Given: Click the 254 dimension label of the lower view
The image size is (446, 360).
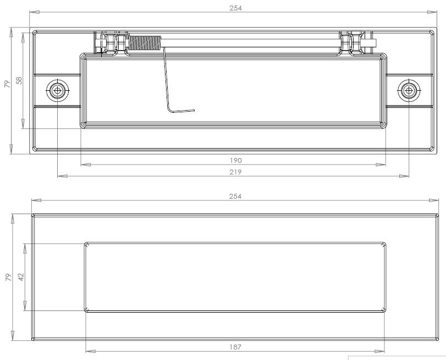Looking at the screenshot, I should point(236,197).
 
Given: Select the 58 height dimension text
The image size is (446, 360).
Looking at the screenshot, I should point(19,80).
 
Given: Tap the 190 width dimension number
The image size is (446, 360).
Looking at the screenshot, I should point(236,161).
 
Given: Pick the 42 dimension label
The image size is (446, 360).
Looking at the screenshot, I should point(20,277).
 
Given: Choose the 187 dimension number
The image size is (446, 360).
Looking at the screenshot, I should point(236,347).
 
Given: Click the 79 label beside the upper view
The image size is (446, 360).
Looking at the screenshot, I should point(7,84).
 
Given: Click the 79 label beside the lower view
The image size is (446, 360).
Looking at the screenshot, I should point(7,277).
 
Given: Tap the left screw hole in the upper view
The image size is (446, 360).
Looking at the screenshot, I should point(57,90).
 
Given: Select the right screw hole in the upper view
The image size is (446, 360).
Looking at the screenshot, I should point(408,90).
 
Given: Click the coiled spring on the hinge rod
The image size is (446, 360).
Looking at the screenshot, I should point(145,42).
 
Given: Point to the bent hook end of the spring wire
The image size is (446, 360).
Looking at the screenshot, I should point(181,110).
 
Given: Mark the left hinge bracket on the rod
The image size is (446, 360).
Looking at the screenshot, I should point(109,43).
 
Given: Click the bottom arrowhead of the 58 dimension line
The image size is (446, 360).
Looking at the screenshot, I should point(23,125).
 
